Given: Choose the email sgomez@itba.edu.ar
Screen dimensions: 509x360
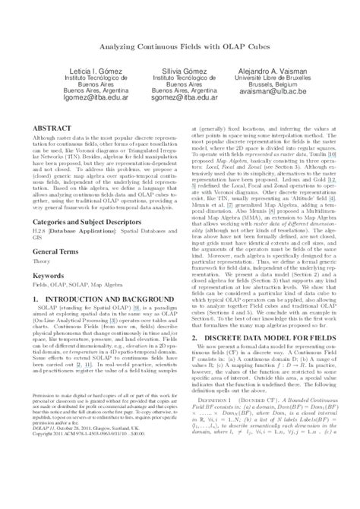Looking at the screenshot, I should pos(180,97).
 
